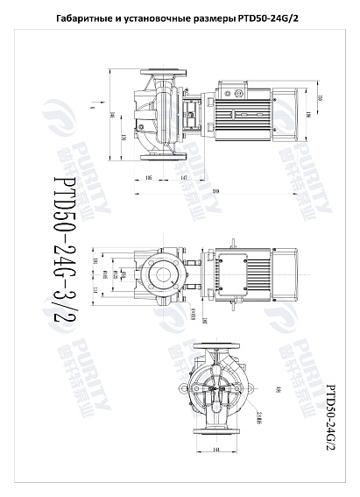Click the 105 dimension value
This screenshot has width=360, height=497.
click(x=149, y=178)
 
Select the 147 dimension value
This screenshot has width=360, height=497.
click(x=185, y=178)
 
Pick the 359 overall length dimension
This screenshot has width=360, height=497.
click(x=215, y=192)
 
